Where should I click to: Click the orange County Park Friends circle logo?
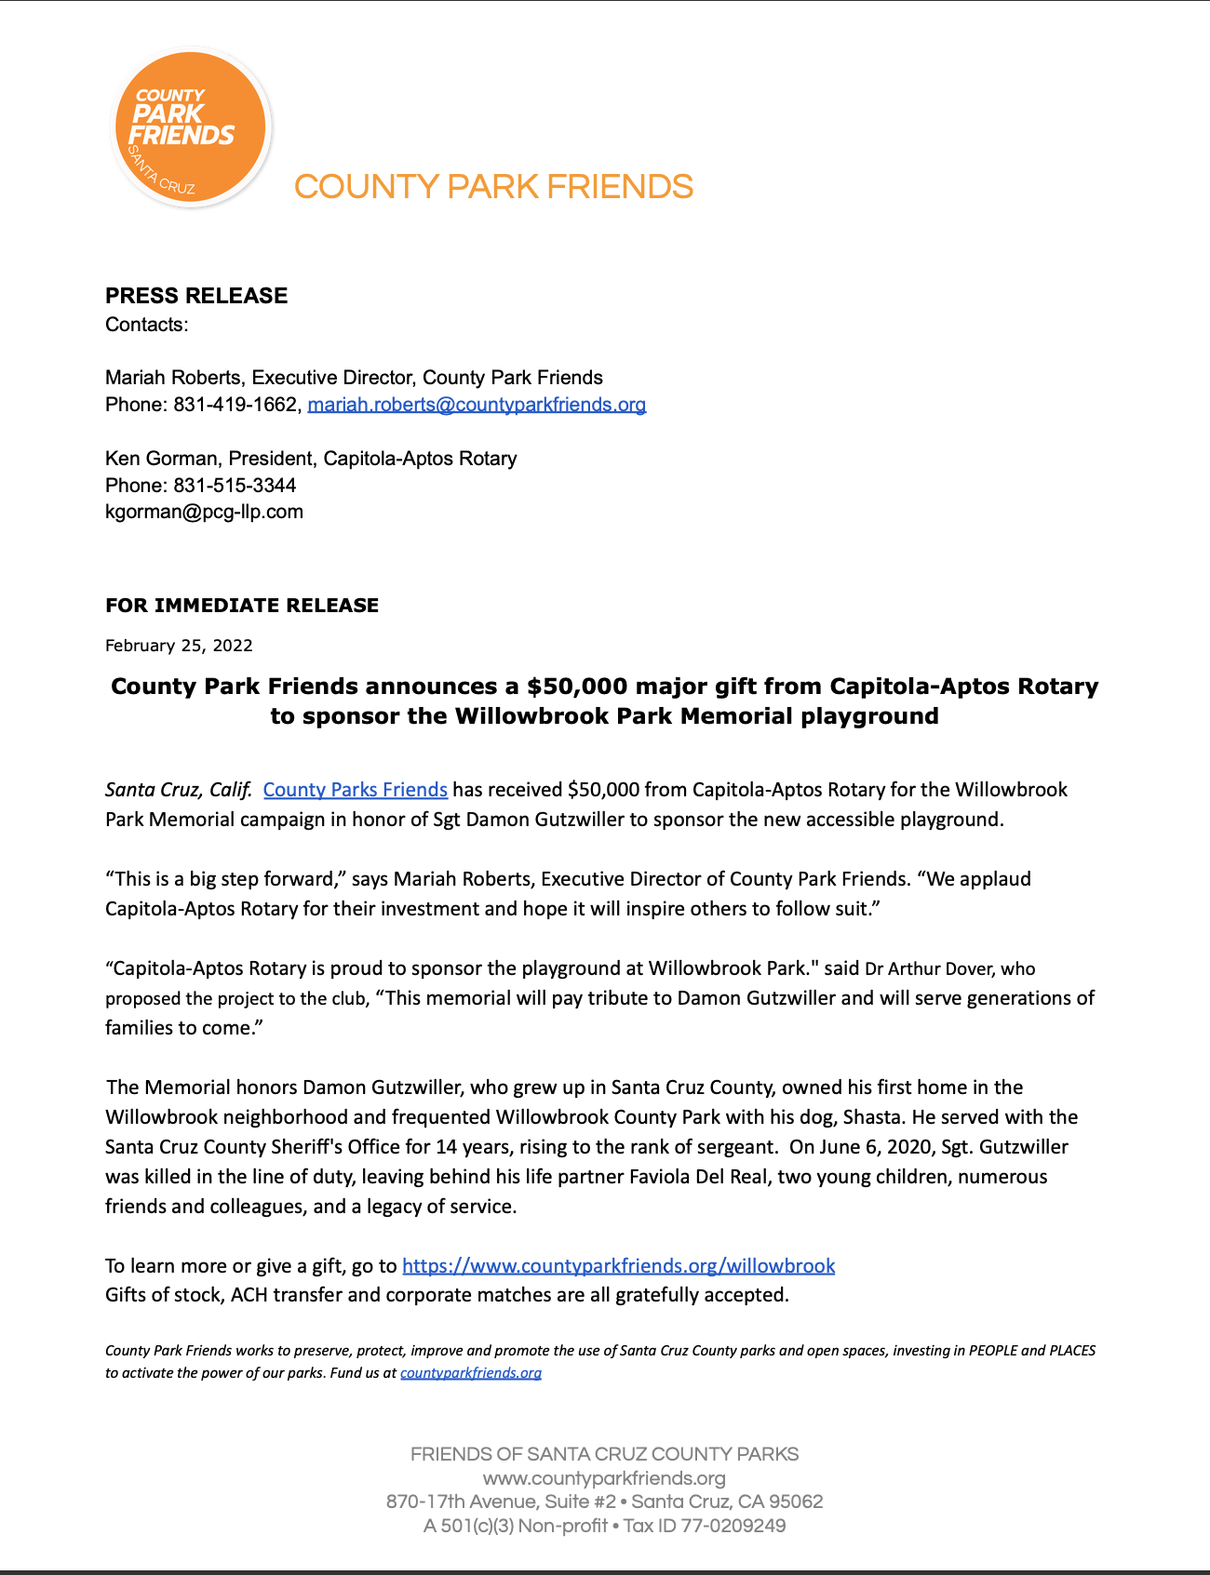(190, 127)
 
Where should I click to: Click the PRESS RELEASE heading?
(196, 296)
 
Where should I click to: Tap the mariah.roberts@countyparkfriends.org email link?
(477, 405)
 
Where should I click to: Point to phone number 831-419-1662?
(236, 405)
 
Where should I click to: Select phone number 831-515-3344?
(235, 486)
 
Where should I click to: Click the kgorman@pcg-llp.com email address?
(204, 512)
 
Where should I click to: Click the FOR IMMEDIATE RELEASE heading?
(242, 606)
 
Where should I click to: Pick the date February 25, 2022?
(179, 646)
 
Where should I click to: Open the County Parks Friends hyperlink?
(355, 790)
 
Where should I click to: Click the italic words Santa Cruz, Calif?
(178, 790)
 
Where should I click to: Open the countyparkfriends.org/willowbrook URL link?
(618, 1265)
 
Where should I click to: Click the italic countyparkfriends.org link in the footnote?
(470, 1373)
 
